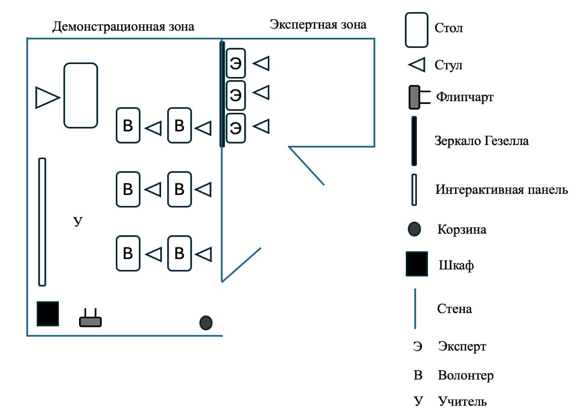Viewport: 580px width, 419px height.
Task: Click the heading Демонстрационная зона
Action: coord(123,27)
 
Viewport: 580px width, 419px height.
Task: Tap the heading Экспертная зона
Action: coord(318,25)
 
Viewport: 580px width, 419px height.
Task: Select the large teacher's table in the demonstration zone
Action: coord(81,96)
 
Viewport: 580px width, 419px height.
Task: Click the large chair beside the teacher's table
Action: coord(47,98)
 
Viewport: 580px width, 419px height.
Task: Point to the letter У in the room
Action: coord(78,222)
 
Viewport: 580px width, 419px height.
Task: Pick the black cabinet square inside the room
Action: coord(48,314)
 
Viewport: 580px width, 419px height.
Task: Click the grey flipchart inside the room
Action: coord(90,318)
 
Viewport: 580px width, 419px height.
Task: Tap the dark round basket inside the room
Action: coord(205,323)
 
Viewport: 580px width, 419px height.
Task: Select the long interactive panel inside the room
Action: coord(42,222)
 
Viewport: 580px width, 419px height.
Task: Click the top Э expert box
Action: coord(236,63)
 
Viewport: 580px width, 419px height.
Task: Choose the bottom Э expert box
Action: coord(236,128)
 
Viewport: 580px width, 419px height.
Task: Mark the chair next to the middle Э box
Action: coord(261,93)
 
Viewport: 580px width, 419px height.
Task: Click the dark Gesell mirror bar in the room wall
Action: coord(222,94)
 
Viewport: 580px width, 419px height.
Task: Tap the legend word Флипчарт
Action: coord(465,97)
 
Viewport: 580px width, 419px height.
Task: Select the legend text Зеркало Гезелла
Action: coord(481,141)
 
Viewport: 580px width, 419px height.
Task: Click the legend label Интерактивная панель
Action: coord(501,189)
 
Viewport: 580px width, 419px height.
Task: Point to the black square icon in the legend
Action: coord(417,264)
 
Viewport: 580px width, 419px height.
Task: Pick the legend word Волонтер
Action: coord(466,375)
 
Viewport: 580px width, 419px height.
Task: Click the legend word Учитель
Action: coord(462,401)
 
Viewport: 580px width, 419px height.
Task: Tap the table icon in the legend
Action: coord(416,30)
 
